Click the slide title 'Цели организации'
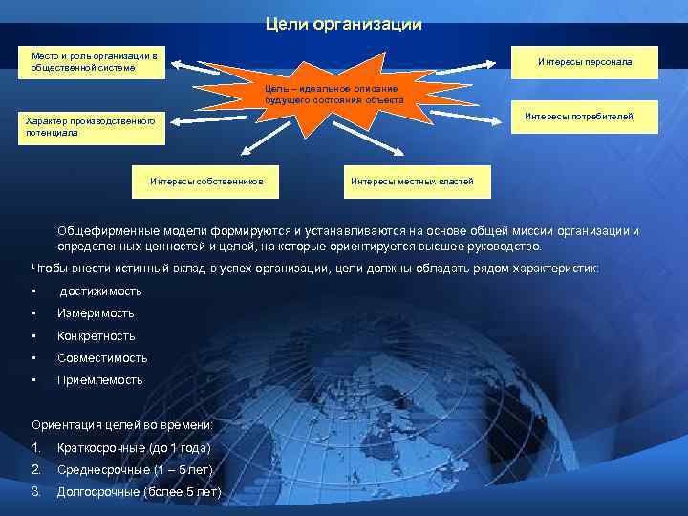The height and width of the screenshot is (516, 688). (x=343, y=24)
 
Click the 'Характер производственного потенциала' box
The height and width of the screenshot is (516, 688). (x=94, y=127)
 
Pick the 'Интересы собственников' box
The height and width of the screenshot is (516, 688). (x=206, y=181)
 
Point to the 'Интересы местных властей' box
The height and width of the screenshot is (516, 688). (x=412, y=181)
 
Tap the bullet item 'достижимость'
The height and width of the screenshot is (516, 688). (x=100, y=290)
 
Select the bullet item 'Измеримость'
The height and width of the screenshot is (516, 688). (x=96, y=313)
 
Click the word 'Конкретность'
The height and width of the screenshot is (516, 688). (x=97, y=335)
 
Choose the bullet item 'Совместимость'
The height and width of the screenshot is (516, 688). (x=102, y=358)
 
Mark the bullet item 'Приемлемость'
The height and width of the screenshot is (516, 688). (x=100, y=379)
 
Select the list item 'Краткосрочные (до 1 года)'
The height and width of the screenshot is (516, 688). (x=134, y=447)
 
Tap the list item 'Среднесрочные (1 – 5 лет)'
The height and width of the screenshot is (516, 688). (x=136, y=469)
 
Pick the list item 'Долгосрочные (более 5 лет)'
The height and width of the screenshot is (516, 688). (x=140, y=491)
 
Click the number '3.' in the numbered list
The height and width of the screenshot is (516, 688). (x=36, y=491)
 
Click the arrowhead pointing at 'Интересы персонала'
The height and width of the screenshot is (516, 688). (x=491, y=62)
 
